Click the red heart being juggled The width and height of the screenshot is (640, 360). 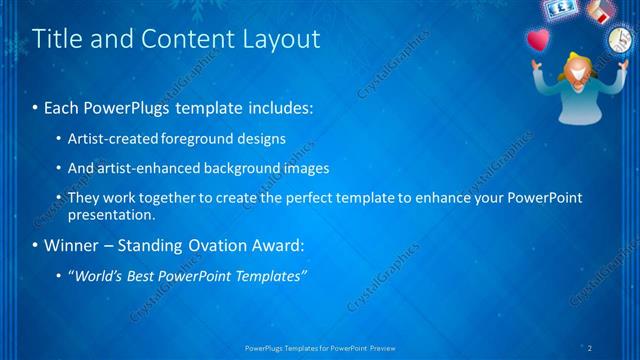(x=539, y=42)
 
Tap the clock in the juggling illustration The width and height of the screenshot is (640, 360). (x=616, y=41)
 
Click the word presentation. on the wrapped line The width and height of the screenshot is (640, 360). (x=111, y=214)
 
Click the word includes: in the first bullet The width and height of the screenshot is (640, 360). (x=281, y=107)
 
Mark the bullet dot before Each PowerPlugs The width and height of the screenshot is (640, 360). (x=37, y=107)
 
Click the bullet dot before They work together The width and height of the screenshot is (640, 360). (x=59, y=198)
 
